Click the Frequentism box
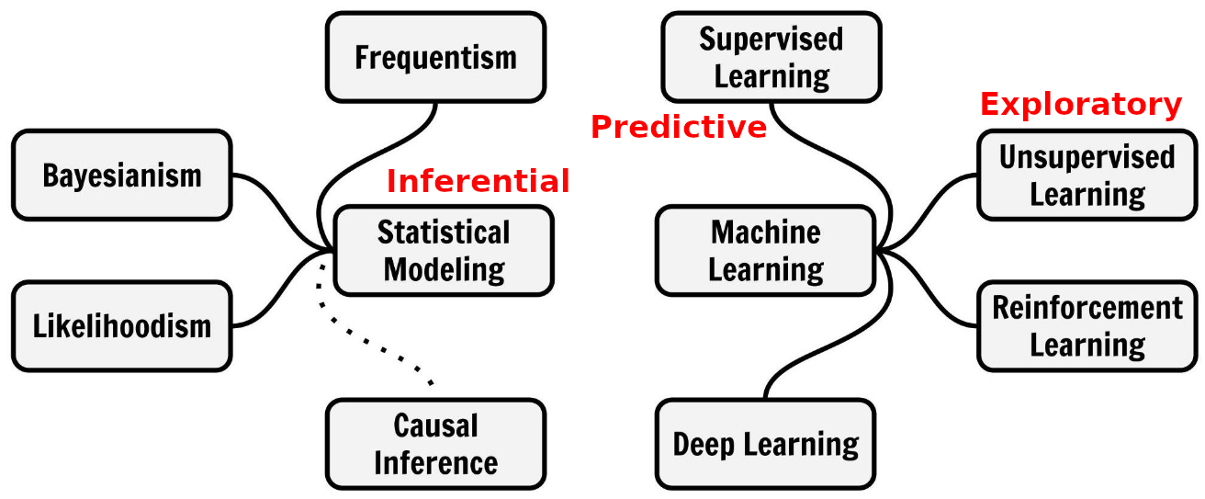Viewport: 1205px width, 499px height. pos(435,57)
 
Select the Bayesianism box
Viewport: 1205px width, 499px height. pos(121,175)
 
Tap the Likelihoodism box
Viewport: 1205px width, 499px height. pos(121,326)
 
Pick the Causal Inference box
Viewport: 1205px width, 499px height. pos(435,444)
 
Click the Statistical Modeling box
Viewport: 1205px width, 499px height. pos(444,250)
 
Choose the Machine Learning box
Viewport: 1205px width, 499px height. pos(766,250)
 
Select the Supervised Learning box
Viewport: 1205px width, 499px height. pos(771,57)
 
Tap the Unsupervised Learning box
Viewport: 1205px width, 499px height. pos(1087,175)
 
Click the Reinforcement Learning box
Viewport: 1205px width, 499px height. pos(1087,326)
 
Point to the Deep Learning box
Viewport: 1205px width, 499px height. pos(766,444)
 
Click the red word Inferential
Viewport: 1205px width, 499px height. pos(478,181)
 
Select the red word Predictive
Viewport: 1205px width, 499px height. pos(678,127)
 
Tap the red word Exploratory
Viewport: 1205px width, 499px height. pos(1080,105)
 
